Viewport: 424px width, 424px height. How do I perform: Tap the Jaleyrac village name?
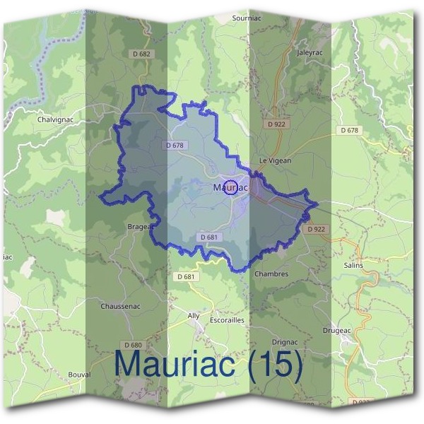[310, 52]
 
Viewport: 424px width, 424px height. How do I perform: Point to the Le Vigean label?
[276, 160]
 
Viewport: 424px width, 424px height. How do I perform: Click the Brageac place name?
[141, 228]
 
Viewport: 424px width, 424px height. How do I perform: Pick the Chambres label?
[271, 273]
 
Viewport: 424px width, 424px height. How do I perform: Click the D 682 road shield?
[141, 54]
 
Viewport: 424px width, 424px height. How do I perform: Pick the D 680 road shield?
[132, 345]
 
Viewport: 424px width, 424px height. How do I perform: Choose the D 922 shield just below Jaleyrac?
[276, 124]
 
